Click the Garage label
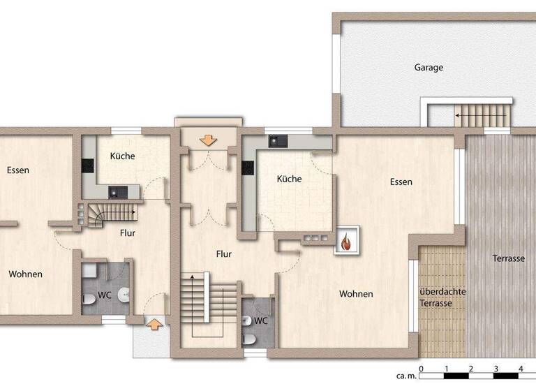click(x=429, y=68)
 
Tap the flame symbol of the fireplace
click(x=346, y=242)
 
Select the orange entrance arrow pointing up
click(x=153, y=323)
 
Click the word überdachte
click(x=442, y=292)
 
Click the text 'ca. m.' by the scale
click(x=406, y=376)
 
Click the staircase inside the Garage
click(x=482, y=115)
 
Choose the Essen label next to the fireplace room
click(x=401, y=182)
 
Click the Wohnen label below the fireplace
click(x=356, y=294)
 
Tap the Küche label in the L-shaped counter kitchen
click(x=289, y=179)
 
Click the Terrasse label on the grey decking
click(x=508, y=258)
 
